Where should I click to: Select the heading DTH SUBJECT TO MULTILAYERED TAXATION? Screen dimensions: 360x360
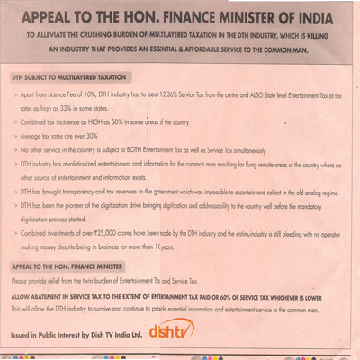(69, 77)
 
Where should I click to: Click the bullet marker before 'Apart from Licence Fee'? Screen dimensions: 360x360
(15, 94)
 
